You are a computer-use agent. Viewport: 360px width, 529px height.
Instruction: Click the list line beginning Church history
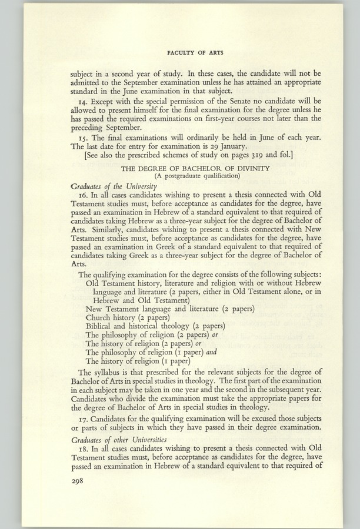tap(124, 317)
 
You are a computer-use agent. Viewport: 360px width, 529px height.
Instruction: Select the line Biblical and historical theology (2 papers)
tap(155, 326)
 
